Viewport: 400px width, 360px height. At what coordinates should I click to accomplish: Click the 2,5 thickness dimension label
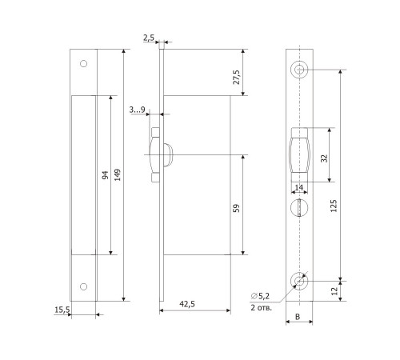point(149,38)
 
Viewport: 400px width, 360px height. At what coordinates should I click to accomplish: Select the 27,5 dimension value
point(237,77)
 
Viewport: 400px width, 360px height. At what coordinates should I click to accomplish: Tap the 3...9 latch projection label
point(137,110)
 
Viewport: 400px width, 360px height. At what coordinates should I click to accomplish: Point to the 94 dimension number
point(106,175)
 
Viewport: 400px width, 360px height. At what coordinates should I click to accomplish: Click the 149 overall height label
point(118,174)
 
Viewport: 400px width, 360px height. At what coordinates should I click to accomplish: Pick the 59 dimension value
point(237,208)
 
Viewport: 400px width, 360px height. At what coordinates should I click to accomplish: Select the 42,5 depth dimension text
point(187,304)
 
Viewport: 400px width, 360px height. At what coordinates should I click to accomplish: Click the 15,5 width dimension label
point(62,310)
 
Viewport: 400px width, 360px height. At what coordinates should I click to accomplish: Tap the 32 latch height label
point(324,158)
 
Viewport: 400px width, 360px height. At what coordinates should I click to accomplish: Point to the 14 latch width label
point(299,188)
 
